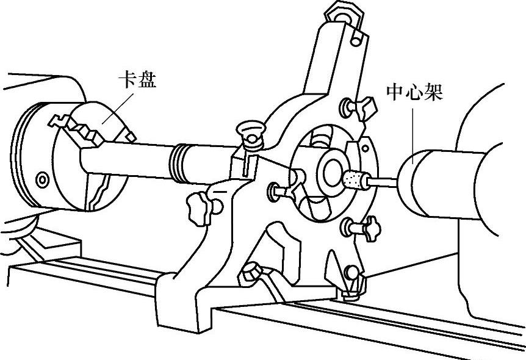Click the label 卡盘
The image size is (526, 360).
pos(137,80)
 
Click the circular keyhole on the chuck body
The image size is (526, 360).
pos(41,180)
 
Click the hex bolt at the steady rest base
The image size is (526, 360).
pos(250,273)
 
